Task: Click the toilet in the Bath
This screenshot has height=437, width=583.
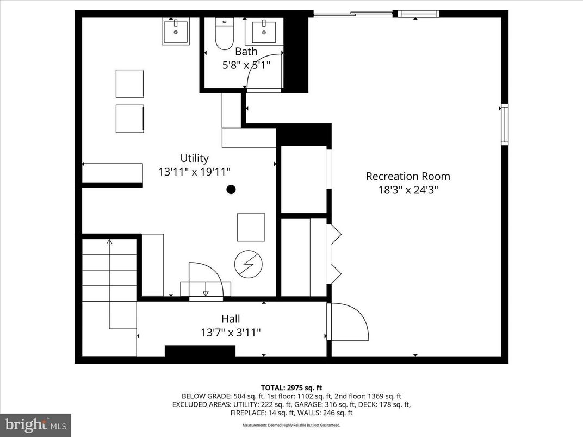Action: [x=224, y=34]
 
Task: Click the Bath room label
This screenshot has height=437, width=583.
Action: [x=246, y=52]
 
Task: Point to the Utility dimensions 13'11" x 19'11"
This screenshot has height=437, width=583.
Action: [x=194, y=172]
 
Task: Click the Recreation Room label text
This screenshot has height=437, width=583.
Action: [x=408, y=176]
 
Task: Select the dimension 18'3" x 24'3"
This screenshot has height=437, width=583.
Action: [x=408, y=190]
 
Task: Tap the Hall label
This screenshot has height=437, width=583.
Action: [x=231, y=319]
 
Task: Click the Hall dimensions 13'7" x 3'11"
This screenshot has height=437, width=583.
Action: [x=231, y=332]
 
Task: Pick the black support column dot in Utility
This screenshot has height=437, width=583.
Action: [x=231, y=190]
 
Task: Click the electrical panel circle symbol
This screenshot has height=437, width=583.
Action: [x=248, y=265]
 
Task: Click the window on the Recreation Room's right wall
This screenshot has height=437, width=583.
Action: [x=504, y=124]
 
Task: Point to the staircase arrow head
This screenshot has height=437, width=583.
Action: [x=109, y=241]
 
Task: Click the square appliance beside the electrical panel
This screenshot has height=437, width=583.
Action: [x=251, y=227]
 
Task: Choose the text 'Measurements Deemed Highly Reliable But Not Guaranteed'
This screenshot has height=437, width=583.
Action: [x=291, y=425]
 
